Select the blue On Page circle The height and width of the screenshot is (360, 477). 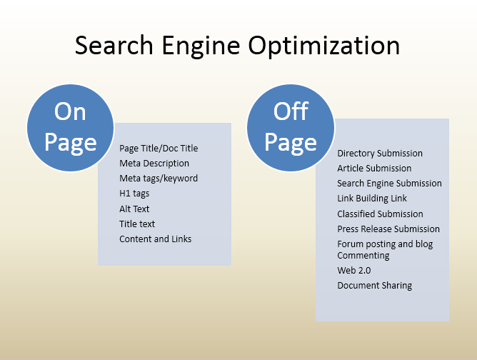point(71,127)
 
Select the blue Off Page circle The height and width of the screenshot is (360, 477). point(291,127)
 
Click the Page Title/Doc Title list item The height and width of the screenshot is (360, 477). point(159,149)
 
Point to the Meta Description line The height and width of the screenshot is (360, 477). point(154,164)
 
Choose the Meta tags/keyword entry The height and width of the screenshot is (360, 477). point(159,179)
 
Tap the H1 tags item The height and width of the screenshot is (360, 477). point(134,194)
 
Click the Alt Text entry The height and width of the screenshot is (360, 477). point(134,209)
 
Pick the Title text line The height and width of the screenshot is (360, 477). point(137,224)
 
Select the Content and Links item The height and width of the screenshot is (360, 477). point(156,239)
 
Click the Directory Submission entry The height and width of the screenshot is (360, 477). point(380,154)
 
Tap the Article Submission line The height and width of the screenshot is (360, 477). point(374,169)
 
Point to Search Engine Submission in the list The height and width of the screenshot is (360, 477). point(389,184)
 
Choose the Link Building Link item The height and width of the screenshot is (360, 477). point(372,199)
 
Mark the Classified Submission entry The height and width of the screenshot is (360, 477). point(380,214)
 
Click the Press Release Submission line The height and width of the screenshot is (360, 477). point(388,229)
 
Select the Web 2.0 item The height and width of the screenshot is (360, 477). point(354,271)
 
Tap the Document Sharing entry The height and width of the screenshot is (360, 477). point(375,286)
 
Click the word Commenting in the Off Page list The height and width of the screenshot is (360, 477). point(363,256)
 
